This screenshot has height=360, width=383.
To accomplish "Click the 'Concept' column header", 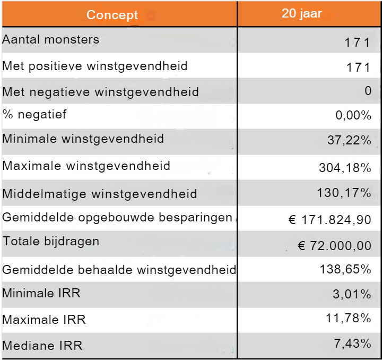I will coord(112,15).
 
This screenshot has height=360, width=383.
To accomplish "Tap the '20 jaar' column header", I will coord(301,14).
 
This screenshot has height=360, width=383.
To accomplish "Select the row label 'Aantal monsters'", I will coord(51,40).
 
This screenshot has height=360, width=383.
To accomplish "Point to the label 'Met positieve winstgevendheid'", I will coord(95,66).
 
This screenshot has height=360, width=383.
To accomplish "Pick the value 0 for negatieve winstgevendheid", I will coord(368,91).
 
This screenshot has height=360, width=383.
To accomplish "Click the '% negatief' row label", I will coord(34,114).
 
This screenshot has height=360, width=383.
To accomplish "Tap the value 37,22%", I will coord(349,141).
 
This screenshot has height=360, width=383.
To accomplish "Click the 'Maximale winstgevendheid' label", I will coord(86,166).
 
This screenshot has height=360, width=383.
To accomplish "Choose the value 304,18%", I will coord(345,168).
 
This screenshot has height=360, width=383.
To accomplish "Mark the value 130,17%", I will coord(344,193).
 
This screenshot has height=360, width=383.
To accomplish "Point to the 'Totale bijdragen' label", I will coord(51,241).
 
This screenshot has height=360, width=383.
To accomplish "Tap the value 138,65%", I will coord(345,269).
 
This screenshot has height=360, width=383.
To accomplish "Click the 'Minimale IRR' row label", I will coord(41,293).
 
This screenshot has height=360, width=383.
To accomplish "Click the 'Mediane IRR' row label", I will coord(42,346).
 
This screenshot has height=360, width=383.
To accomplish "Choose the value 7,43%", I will coord(352,344).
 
